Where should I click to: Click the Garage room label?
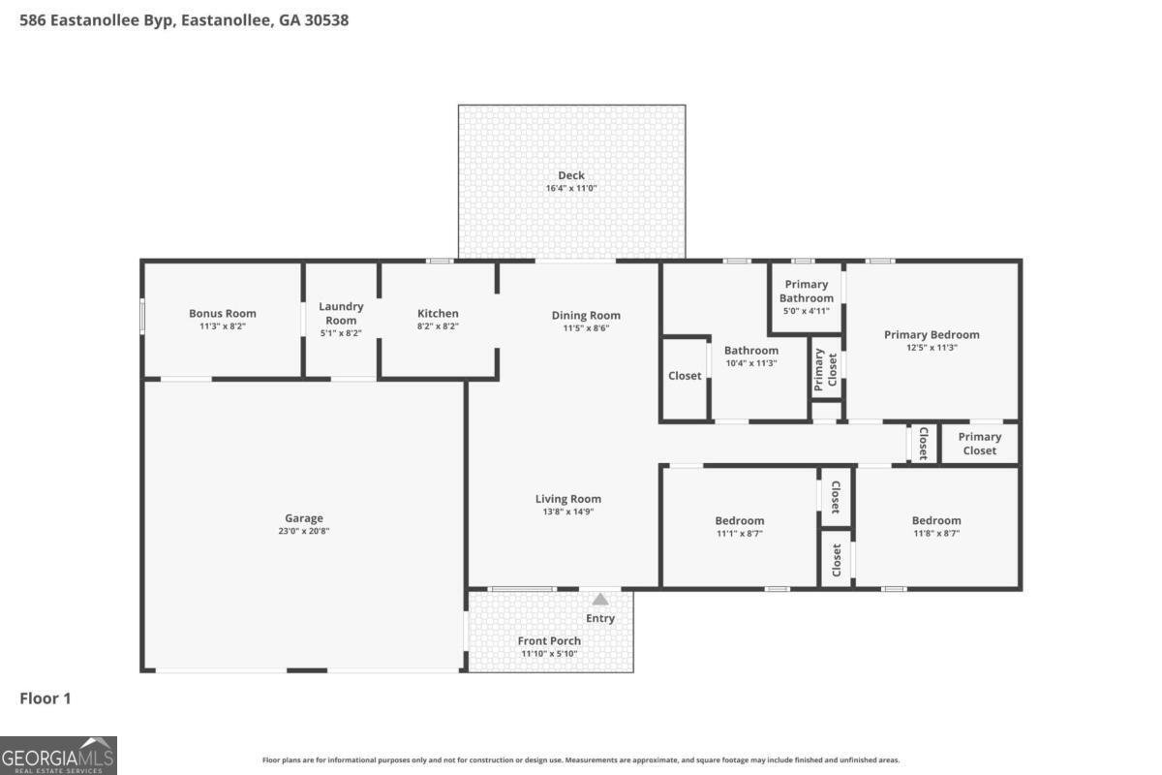coord(303,518)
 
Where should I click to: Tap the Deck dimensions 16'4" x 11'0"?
coord(571,189)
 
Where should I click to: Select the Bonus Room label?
coord(223,314)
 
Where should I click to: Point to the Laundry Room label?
coord(341,314)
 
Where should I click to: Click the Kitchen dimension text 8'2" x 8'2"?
coord(438,326)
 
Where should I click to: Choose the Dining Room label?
coord(586,316)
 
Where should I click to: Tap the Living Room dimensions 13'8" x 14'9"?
coord(568,511)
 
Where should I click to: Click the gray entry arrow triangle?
coord(600,600)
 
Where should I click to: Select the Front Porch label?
coord(549,641)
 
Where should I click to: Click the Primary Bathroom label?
coord(806,292)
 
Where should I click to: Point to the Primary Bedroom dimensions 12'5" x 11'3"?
coord(932,348)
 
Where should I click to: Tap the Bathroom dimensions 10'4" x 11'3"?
coord(751,363)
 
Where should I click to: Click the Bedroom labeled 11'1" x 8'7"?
coord(739,520)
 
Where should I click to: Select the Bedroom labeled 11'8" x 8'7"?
coord(936,520)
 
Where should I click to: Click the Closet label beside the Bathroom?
coord(685,376)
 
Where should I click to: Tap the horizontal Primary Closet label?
coord(979,444)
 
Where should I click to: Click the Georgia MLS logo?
coord(58,756)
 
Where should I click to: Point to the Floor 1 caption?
coord(46,698)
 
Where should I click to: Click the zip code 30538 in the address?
coord(326,20)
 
